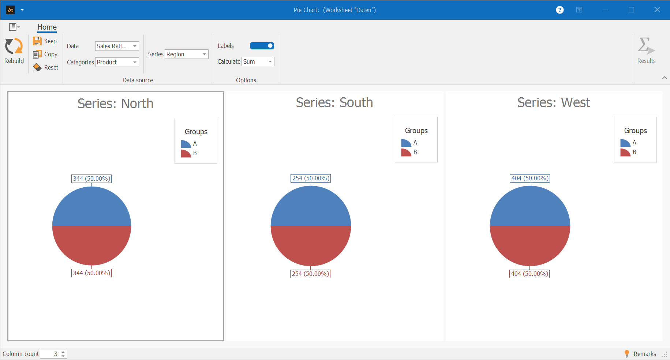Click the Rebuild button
click(x=14, y=51)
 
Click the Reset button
click(x=46, y=67)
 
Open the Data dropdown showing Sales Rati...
click(x=117, y=46)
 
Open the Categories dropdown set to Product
click(x=117, y=62)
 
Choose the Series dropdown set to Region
click(x=186, y=54)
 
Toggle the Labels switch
click(x=262, y=46)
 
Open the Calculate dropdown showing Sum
click(x=258, y=61)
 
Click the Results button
click(x=646, y=51)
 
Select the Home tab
click(x=47, y=27)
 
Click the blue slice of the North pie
click(x=91, y=207)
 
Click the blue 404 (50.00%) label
click(x=530, y=178)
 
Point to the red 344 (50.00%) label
click(x=91, y=273)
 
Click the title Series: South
click(x=334, y=103)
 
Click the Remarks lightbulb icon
click(x=627, y=353)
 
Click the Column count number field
click(x=50, y=354)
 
